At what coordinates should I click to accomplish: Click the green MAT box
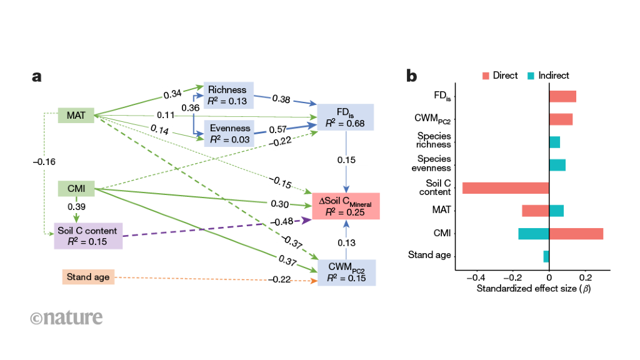point(76,115)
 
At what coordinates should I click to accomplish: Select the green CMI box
point(76,188)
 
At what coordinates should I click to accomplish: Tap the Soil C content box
point(88,236)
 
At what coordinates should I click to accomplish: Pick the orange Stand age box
point(89,277)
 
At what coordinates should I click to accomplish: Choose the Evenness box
point(229,134)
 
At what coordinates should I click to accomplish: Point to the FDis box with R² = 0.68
point(346,117)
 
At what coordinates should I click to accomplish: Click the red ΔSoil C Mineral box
point(346,206)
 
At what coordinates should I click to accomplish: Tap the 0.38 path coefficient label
point(281,99)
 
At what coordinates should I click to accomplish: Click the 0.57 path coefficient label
point(277,129)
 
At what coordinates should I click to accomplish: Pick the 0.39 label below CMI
point(76,207)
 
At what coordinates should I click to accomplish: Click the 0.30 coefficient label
point(279,204)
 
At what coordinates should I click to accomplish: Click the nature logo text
point(66,317)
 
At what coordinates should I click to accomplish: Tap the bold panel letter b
point(411,77)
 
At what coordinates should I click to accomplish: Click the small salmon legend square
point(486,76)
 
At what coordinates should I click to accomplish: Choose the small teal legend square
point(531,76)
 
